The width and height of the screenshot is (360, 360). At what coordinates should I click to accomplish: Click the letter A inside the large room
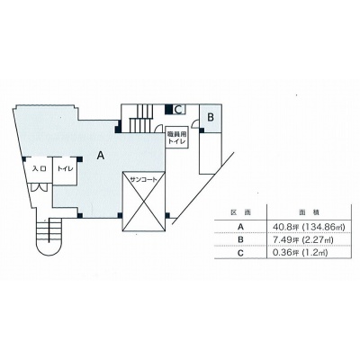coord(101,155)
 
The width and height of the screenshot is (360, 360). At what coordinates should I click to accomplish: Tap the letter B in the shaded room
coord(211,117)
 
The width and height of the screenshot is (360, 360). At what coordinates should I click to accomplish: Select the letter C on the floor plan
coord(178,110)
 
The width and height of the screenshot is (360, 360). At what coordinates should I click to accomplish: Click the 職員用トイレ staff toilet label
coord(176,139)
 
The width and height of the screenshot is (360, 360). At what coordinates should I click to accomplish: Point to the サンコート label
coord(143,179)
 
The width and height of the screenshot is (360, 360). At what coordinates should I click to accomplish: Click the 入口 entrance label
coord(40,169)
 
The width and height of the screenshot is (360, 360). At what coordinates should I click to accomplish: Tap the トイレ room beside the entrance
coord(65,169)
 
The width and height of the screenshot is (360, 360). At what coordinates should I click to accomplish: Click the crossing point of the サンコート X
coord(143,202)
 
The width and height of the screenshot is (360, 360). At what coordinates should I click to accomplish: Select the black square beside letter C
coord(169,110)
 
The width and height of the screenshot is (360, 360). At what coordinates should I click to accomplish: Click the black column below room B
coord(202,130)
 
